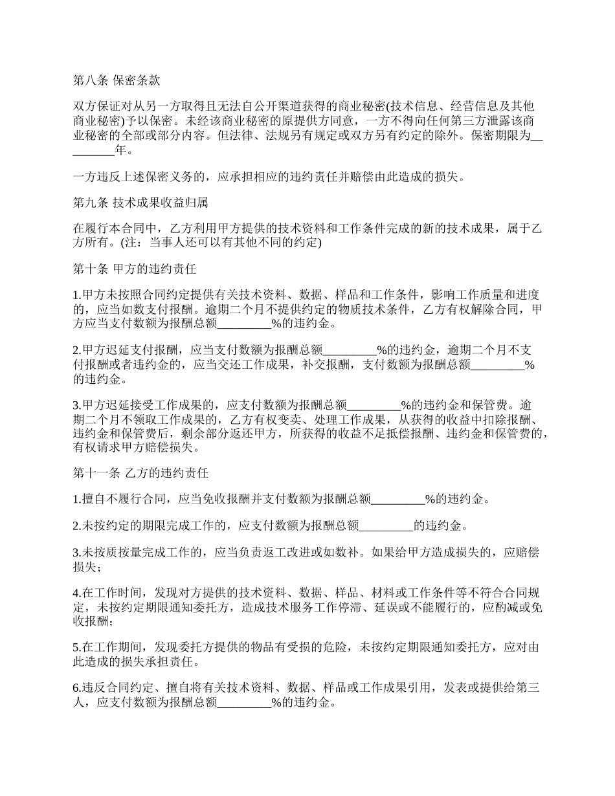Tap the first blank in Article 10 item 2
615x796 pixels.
(x=350, y=350)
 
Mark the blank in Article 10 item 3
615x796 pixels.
(x=375, y=406)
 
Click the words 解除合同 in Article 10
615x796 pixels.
(x=500, y=309)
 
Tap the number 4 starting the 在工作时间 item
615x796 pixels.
(x=76, y=592)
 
